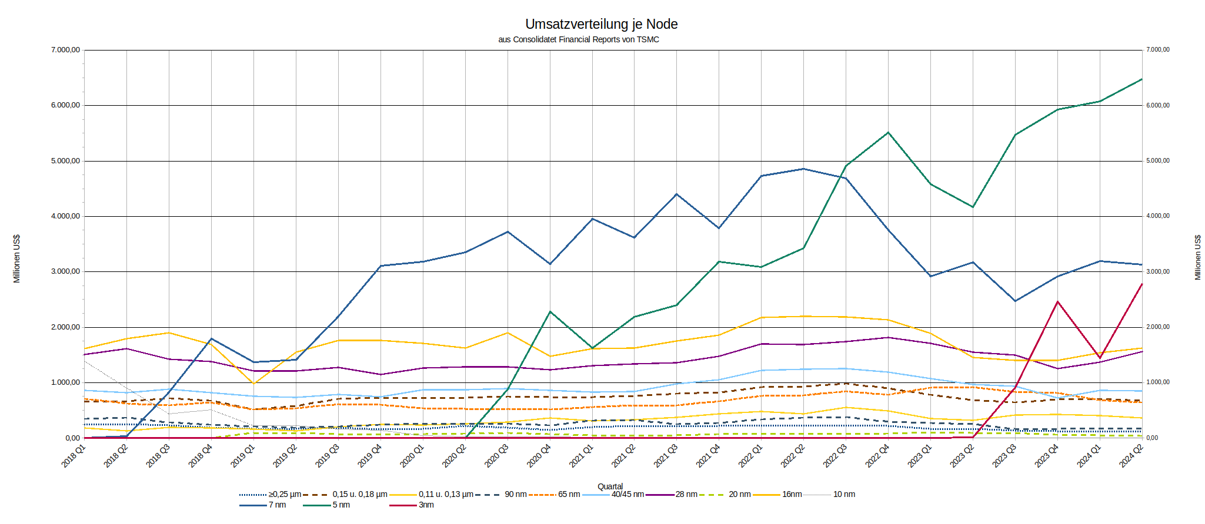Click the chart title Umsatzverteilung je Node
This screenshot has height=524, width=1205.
click(x=601, y=24)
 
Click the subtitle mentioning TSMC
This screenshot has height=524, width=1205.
click(x=579, y=40)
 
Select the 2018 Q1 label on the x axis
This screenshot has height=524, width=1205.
click(x=74, y=456)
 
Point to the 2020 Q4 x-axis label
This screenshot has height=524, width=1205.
click(x=539, y=456)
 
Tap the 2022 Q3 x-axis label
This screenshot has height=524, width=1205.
click(x=835, y=456)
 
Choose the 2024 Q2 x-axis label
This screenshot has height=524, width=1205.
click(x=1131, y=456)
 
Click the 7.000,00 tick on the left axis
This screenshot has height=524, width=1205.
click(x=65, y=50)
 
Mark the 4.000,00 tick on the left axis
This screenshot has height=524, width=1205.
click(x=65, y=216)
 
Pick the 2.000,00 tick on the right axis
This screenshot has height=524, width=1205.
click(x=1157, y=327)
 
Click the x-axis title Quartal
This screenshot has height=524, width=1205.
click(x=610, y=486)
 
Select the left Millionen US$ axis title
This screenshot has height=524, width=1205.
click(x=16, y=258)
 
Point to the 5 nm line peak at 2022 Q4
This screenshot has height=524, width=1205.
click(x=888, y=133)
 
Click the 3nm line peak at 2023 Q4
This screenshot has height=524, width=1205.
click(x=1057, y=302)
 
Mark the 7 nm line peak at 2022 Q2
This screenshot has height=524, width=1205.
click(x=803, y=169)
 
